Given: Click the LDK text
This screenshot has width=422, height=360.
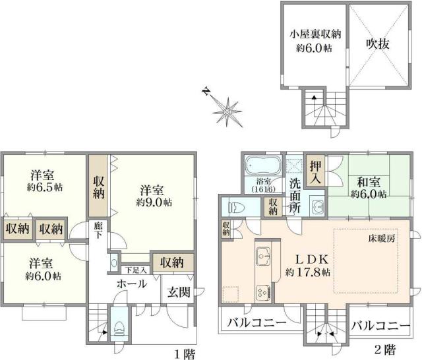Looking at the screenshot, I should [303, 258].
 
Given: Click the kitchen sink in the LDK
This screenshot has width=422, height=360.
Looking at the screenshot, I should [262, 254].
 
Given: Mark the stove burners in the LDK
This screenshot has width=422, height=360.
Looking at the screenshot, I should [262, 291].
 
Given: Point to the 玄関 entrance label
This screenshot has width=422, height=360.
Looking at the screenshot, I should [176, 291].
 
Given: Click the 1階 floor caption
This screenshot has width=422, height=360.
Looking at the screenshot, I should [185, 354].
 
